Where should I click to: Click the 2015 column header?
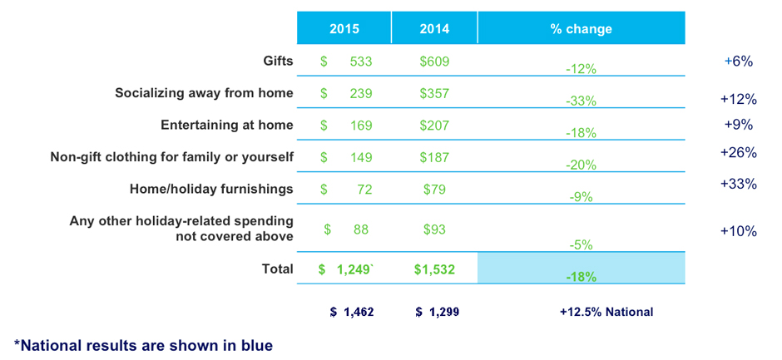(x=344, y=28)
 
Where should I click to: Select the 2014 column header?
(x=433, y=28)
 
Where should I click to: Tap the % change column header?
(x=581, y=28)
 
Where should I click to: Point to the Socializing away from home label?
(x=204, y=93)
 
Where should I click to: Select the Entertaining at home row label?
(x=226, y=126)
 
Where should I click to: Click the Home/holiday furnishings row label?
(x=211, y=189)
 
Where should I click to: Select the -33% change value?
(x=581, y=101)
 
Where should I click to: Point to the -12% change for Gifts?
(x=581, y=68)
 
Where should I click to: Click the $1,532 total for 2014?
(x=435, y=269)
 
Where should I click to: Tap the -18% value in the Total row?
(x=581, y=276)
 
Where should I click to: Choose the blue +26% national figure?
(x=738, y=153)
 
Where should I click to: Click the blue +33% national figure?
(x=738, y=185)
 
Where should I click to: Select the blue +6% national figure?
(x=738, y=61)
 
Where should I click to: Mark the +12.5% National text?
(x=606, y=312)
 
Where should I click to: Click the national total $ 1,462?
(x=352, y=312)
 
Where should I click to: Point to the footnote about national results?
(x=143, y=343)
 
